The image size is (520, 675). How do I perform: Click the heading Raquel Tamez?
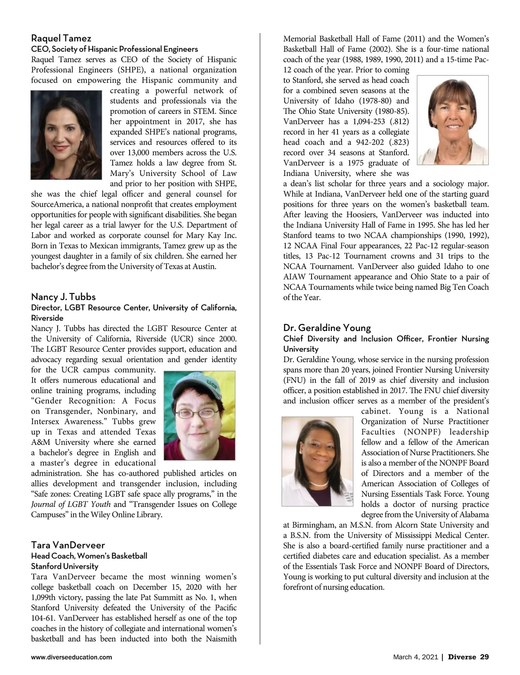[61, 39]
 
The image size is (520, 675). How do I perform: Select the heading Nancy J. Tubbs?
[63, 297]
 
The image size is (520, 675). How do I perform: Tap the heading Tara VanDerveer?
[68, 545]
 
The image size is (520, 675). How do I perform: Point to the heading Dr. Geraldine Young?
[327, 327]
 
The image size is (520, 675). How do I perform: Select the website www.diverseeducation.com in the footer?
[71, 657]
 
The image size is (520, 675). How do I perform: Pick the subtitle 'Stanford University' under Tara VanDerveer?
[65, 566]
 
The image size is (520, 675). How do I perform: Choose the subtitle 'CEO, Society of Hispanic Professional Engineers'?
[114, 49]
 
